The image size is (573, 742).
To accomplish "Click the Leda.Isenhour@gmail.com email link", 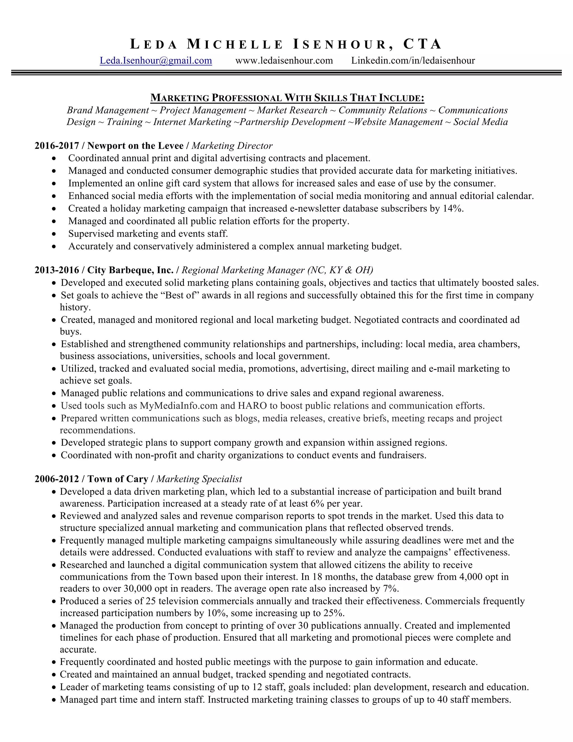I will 156,60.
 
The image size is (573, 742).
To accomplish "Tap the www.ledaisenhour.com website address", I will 284,60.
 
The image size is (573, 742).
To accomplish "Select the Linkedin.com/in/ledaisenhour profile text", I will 413,60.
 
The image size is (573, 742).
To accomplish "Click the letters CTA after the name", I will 422,45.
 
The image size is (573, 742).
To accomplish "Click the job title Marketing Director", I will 232,146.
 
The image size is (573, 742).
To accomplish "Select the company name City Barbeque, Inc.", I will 130,270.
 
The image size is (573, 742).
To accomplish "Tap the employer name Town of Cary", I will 118,479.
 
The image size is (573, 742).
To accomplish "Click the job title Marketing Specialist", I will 199,479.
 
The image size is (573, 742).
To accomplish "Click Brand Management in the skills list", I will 108,110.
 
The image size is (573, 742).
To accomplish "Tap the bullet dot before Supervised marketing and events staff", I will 54,234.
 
